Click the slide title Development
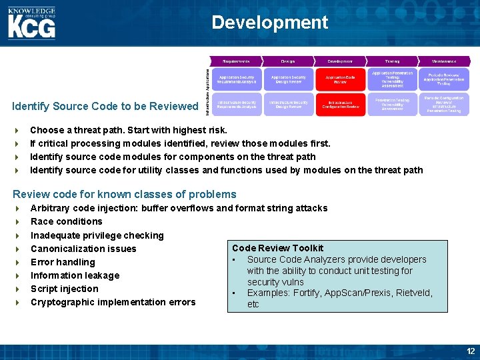coord(270,23)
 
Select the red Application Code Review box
coord(340,80)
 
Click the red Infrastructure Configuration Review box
coord(340,105)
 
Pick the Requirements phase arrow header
coord(237,61)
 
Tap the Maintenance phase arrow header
coord(444,61)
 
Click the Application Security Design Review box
coord(289,80)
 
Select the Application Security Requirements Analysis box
coord(237,80)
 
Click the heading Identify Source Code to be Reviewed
coord(105,107)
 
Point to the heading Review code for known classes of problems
coord(125,195)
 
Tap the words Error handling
coord(63,262)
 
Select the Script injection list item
coord(64,289)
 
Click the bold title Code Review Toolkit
coord(277,248)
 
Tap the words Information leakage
coord(75,275)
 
